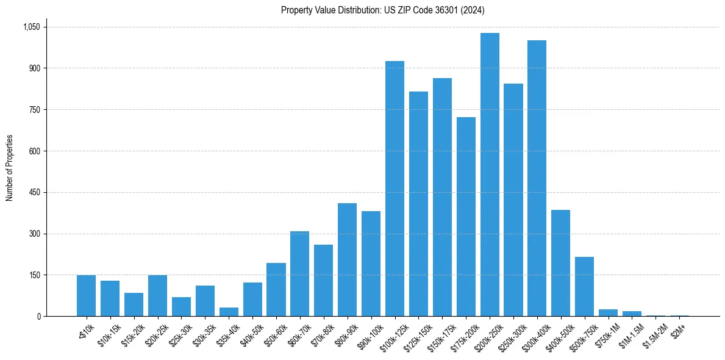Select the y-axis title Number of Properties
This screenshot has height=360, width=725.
point(10,168)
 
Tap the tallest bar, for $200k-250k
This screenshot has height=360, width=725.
point(490,175)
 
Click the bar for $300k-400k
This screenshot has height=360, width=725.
point(537,178)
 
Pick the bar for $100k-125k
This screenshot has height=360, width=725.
point(395,189)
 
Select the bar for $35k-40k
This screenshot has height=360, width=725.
point(229,312)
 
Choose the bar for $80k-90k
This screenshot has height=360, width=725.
point(347,260)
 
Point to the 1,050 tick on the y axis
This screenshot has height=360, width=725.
point(31,27)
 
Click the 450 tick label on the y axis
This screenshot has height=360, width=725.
point(34,192)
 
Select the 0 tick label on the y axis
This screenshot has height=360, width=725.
point(38,316)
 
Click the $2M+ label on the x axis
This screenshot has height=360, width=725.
point(677,329)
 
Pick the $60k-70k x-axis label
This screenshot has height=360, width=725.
point(296,333)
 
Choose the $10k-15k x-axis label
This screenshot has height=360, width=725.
point(107,333)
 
